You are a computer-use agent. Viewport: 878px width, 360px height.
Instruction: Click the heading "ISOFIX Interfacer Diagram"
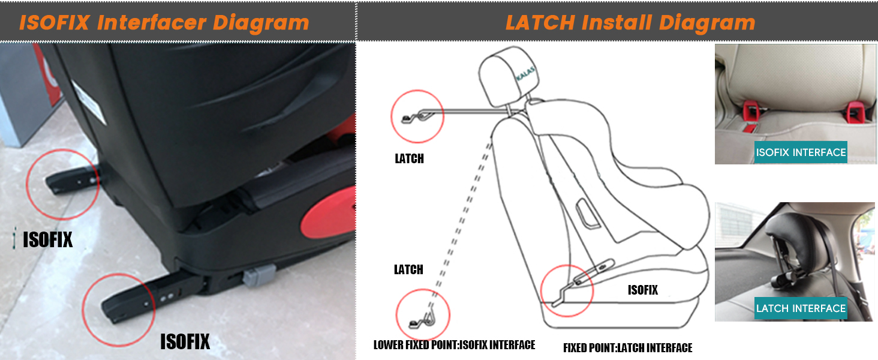pos(164,23)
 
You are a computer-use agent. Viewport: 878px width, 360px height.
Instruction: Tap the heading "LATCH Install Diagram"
pos(630,23)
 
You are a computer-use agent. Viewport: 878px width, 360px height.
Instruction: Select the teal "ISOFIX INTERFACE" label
pos(801,152)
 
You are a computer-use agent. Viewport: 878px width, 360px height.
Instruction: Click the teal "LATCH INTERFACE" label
pos(801,308)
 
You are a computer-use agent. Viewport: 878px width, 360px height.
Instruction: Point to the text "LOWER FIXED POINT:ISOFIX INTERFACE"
pos(454,345)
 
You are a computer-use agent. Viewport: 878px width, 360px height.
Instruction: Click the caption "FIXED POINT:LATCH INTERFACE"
pos(627,348)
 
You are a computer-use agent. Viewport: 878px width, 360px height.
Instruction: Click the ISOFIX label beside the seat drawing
pos(642,290)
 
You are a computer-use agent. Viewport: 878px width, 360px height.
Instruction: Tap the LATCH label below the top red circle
pos(409,159)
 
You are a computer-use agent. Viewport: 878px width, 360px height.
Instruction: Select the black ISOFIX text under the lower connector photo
pos(185,342)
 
